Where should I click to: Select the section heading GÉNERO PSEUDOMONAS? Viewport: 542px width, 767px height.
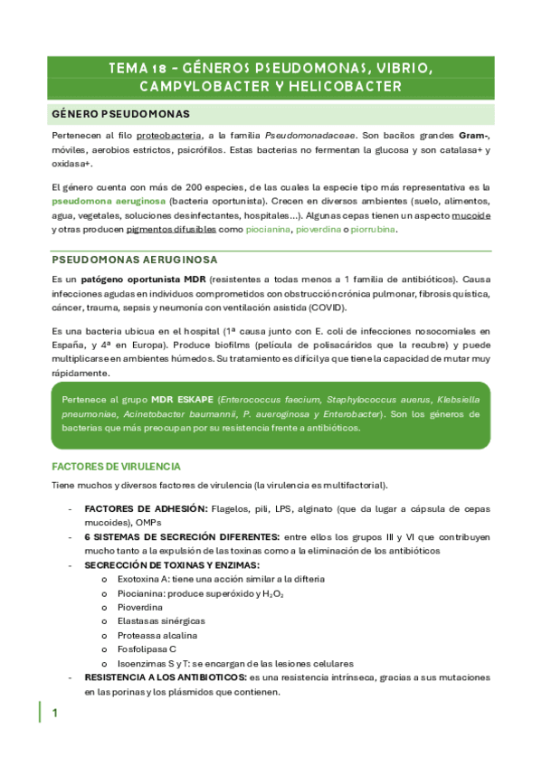point(120,114)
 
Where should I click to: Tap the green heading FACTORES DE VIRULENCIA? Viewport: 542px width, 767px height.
point(116,467)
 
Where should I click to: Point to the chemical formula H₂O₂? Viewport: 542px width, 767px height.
point(271,593)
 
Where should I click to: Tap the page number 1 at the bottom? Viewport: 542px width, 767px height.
point(54,714)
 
